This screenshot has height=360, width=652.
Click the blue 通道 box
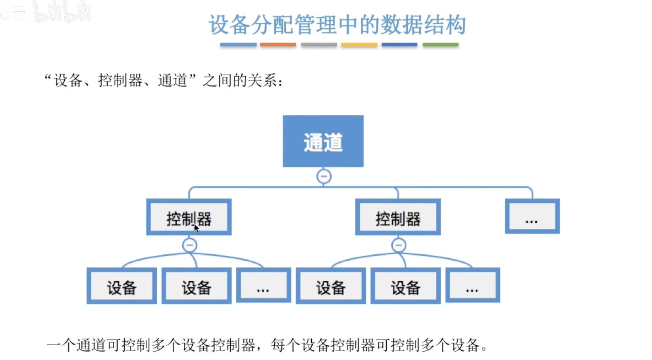click(x=323, y=141)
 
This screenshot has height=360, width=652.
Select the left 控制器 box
click(x=189, y=217)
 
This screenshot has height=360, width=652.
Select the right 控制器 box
click(x=398, y=217)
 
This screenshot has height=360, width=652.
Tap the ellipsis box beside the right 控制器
click(x=532, y=216)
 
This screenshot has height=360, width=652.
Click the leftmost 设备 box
click(x=122, y=286)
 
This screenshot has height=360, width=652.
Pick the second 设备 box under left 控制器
click(x=197, y=286)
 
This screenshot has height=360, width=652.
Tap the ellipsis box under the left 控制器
click(x=263, y=285)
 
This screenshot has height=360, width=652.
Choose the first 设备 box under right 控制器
click(x=331, y=286)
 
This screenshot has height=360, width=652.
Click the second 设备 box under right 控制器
click(x=405, y=286)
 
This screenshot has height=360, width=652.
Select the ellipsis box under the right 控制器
click(x=473, y=285)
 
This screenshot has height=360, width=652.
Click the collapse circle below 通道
click(x=324, y=176)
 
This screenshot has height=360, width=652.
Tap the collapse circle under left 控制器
click(x=189, y=245)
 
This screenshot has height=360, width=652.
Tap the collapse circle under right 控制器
click(x=399, y=245)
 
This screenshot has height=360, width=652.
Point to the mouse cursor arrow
click(x=197, y=228)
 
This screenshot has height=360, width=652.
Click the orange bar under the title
click(x=278, y=45)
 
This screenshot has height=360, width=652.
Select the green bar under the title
click(x=440, y=45)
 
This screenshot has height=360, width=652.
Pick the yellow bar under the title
click(x=359, y=45)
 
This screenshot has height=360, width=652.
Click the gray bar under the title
click(x=319, y=45)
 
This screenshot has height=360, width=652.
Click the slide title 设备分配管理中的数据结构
click(x=338, y=25)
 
